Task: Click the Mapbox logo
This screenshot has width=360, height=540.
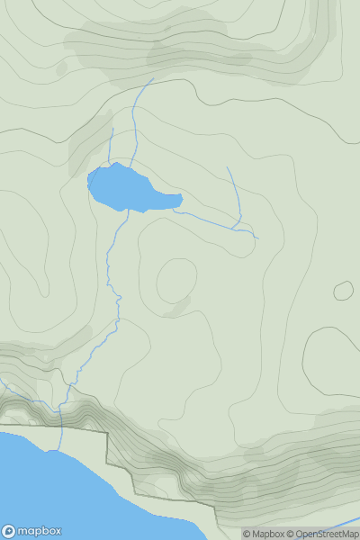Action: pyautogui.click(x=31, y=531)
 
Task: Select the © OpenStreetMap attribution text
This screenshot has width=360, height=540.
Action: pyautogui.click(x=322, y=534)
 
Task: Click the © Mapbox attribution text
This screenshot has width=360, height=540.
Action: pyautogui.click(x=263, y=534)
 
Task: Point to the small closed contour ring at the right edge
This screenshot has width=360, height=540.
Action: pyautogui.click(x=343, y=291)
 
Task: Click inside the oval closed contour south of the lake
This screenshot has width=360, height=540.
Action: pyautogui.click(x=176, y=280)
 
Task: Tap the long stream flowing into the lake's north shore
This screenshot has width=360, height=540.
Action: pyautogui.click(x=135, y=126)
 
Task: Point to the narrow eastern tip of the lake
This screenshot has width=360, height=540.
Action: pyautogui.click(x=179, y=200)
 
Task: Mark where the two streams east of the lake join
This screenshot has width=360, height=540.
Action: pyautogui.click(x=238, y=227)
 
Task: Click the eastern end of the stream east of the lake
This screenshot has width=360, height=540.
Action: pyautogui.click(x=257, y=238)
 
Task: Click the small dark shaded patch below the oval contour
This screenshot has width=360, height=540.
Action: pyautogui.click(x=176, y=308)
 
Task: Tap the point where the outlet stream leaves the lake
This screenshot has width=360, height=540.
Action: pyautogui.click(x=128, y=211)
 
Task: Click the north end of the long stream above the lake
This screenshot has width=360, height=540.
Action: pyautogui.click(x=153, y=79)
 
